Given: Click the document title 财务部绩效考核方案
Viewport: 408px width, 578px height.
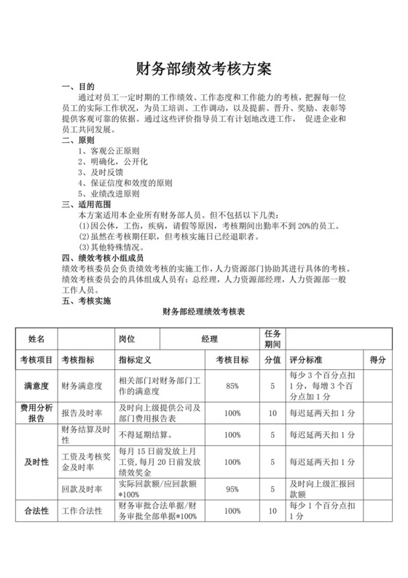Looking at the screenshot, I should [x=203, y=69].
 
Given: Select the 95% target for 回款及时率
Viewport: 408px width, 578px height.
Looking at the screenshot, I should [x=233, y=489].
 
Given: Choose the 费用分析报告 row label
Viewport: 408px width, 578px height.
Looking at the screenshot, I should [x=36, y=413].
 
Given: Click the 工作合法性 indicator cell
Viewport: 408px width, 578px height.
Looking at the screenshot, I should [x=83, y=512].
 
